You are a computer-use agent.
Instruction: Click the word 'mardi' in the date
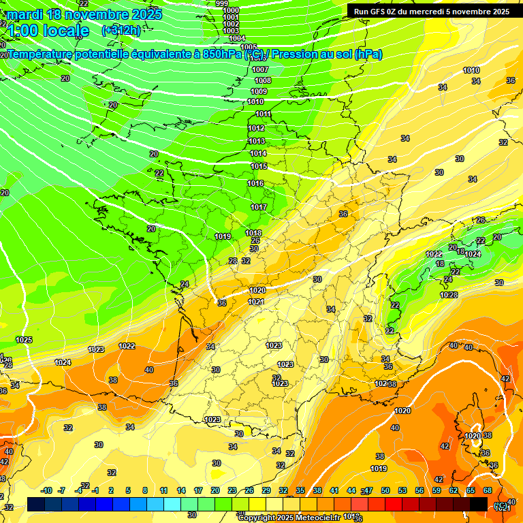(x=25, y=14)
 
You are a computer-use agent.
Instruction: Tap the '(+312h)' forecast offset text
(x=121, y=30)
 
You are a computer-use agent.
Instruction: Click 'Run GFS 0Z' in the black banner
(x=379, y=12)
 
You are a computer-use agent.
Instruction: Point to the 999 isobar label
(x=222, y=3)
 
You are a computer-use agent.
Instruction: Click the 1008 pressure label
(x=263, y=80)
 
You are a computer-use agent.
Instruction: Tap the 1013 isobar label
(x=257, y=141)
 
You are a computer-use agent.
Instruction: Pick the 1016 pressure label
(x=256, y=183)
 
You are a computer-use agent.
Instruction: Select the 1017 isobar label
(x=259, y=207)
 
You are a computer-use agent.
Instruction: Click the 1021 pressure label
(x=257, y=301)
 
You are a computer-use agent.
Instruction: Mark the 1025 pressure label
(x=24, y=340)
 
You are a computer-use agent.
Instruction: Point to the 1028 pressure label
(x=449, y=295)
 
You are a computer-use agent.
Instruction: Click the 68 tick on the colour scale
(x=488, y=490)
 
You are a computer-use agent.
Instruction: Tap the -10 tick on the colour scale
(x=47, y=490)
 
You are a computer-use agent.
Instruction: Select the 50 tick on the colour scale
(x=385, y=490)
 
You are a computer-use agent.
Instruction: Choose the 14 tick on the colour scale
(x=181, y=490)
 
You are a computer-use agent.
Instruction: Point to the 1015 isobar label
(x=259, y=166)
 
